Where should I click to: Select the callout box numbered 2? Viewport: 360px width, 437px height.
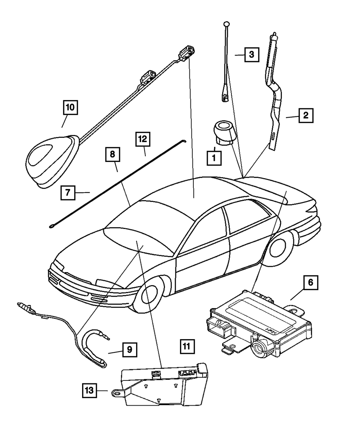305,116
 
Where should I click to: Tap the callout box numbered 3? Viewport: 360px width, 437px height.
252,55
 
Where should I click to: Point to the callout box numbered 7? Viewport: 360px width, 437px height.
68,192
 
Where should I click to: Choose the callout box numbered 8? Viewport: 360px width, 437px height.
113,155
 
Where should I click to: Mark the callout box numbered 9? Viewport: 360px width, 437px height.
130,349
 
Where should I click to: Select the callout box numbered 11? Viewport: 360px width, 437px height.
186,347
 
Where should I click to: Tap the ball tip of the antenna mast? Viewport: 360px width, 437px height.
226,24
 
